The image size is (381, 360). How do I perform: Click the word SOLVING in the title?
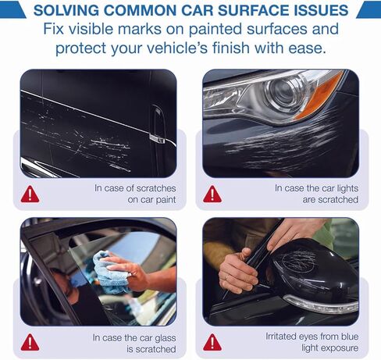(x=66, y=10)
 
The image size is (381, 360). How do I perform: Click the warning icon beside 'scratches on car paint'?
(x=30, y=194)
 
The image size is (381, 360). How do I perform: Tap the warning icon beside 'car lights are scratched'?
(x=212, y=194)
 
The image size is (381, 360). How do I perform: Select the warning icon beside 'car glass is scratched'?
(x=30, y=342)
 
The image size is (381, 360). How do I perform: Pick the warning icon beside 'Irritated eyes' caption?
(x=212, y=342)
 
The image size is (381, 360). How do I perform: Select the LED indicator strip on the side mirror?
(x=322, y=304)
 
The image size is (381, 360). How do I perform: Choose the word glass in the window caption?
(x=166, y=338)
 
